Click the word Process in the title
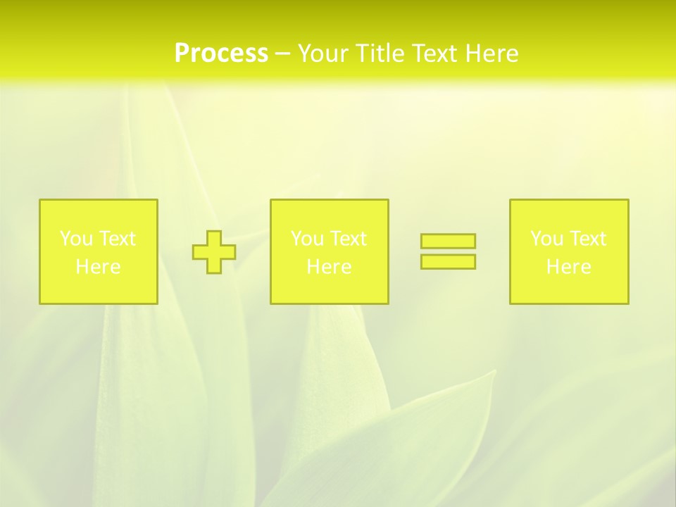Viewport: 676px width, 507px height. pos(221,54)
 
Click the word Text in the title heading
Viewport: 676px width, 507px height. pos(436,54)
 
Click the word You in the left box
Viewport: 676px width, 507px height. pos(75,239)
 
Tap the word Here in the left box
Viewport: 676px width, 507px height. pos(99,267)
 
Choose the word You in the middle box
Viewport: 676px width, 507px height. pos(306,239)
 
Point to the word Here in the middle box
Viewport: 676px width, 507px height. pos(330,267)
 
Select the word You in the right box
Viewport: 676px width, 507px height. pos(546,239)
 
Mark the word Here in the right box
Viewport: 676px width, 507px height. pos(569,267)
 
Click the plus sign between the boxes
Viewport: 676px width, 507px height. pos(214,251)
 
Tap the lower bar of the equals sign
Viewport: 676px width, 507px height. pos(448,261)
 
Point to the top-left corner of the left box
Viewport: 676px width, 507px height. pos(40,200)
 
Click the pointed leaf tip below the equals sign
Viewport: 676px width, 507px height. pos(494,372)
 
